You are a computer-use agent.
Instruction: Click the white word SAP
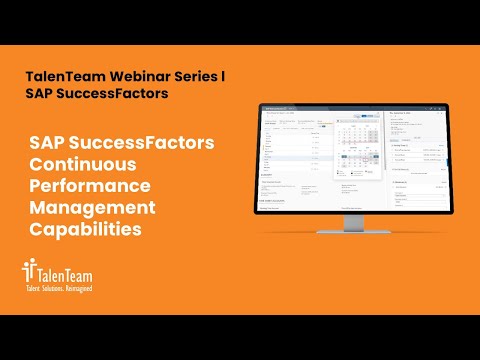tap(50, 143)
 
